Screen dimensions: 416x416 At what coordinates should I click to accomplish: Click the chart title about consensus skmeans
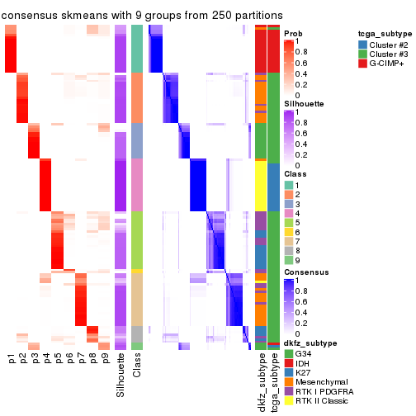pos(142,15)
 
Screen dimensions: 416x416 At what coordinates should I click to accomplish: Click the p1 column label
pos(12,358)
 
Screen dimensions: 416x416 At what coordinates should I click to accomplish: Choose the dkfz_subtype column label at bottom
pos(260,381)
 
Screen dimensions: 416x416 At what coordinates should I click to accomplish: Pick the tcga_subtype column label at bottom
pos(272,381)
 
